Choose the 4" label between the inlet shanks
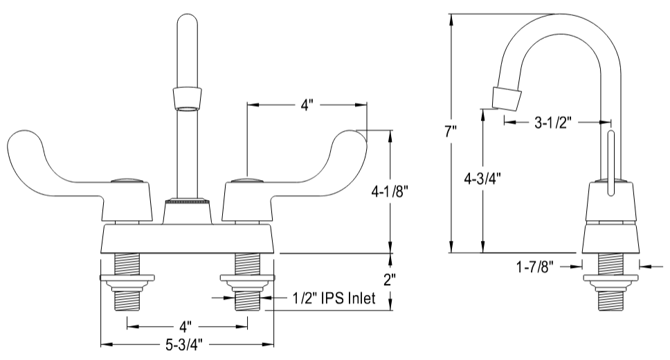(187, 325)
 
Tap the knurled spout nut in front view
(186, 201)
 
